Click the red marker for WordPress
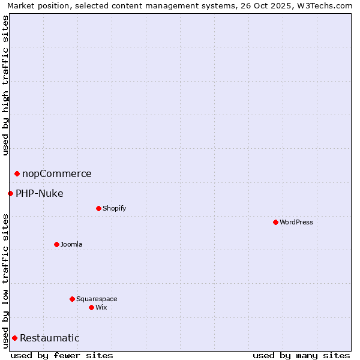point(275,222)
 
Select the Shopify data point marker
point(98,208)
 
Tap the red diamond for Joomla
point(56,244)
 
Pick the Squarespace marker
point(72,299)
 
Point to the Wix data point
point(91,307)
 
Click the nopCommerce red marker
point(17,173)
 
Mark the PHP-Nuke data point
point(10,193)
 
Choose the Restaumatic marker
point(14,338)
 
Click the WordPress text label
point(296,222)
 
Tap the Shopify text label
point(115,208)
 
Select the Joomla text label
point(71,244)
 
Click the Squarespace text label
point(97,299)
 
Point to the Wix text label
point(101,307)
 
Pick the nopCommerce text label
point(57,174)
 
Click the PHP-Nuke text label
point(40,193)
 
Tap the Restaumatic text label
point(50,338)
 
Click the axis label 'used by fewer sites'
point(62,355)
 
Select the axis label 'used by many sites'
point(301,355)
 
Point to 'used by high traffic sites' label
point(5,85)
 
